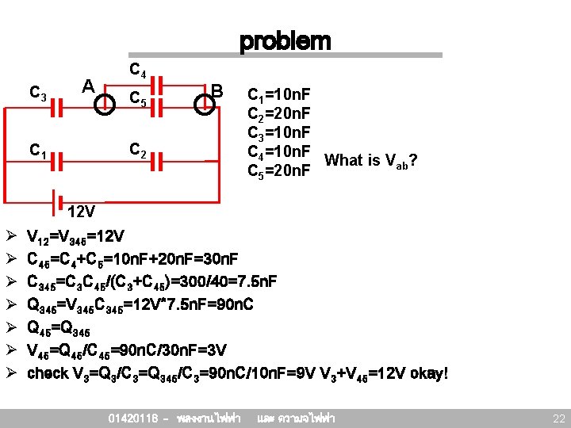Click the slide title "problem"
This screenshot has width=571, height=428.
click(285, 40)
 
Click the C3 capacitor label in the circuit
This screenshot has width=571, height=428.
click(36, 94)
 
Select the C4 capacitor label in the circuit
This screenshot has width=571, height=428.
click(137, 74)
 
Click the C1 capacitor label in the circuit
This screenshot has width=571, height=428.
click(36, 149)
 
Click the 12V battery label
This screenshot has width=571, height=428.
click(82, 212)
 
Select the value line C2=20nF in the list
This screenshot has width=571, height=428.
click(279, 114)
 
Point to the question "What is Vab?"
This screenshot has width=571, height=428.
click(371, 161)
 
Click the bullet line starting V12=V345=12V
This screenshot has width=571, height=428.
click(75, 236)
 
